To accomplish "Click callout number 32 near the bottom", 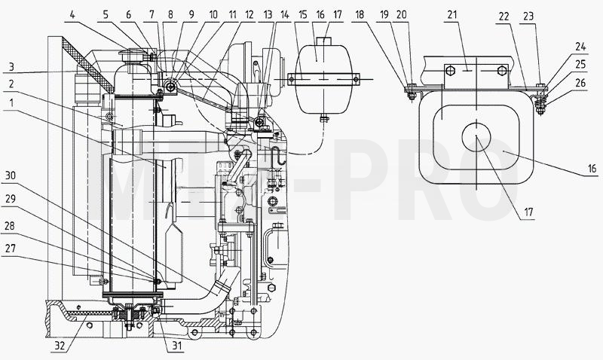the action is click(x=59, y=346).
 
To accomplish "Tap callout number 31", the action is click(x=176, y=346).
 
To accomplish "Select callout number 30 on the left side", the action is click(x=11, y=175).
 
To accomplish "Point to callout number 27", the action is click(x=11, y=249).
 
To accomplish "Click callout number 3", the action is click(x=11, y=66).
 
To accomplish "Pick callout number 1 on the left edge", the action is click(x=12, y=102).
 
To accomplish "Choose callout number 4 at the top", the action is click(x=72, y=15).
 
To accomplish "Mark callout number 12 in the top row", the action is click(x=249, y=15).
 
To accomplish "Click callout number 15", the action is click(x=303, y=15).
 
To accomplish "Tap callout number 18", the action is click(x=360, y=15).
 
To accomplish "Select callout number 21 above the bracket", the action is click(x=452, y=15).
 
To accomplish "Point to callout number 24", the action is click(x=580, y=47).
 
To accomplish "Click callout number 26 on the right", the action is click(x=580, y=83).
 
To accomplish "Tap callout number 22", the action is click(x=504, y=16).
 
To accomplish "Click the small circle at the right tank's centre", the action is click(x=476, y=137).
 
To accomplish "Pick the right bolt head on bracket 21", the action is click(x=501, y=71).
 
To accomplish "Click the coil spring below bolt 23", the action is click(x=540, y=102).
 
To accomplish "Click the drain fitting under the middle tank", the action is click(x=324, y=118).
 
